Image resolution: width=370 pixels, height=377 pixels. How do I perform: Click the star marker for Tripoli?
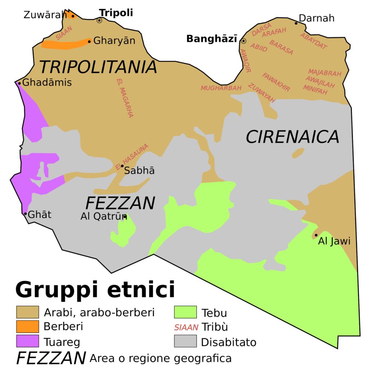[x=99, y=21]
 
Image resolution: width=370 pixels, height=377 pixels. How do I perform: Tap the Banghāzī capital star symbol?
[x=244, y=41]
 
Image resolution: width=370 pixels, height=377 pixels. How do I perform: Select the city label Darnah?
[x=317, y=18]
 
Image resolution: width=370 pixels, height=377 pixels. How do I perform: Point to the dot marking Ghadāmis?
[x=20, y=83]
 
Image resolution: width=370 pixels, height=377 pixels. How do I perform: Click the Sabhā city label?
[x=139, y=171]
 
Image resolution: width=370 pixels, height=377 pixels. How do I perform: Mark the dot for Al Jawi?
[x=316, y=235]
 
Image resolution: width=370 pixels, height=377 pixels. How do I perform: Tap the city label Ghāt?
[x=39, y=215]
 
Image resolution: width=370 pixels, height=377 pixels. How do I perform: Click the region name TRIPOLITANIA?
[x=98, y=67]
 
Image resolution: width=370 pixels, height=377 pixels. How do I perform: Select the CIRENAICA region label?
[x=292, y=137]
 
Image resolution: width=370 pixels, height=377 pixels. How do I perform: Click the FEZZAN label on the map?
[x=120, y=203]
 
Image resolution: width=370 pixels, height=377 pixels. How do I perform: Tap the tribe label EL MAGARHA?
[x=125, y=98]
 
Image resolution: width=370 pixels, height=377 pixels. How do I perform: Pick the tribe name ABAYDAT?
[x=313, y=41]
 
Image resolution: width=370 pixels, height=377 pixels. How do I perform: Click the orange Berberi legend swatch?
[x=27, y=326]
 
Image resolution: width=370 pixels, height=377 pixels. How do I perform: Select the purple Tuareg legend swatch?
[x=27, y=341]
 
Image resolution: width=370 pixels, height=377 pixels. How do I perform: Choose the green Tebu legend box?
[x=185, y=312]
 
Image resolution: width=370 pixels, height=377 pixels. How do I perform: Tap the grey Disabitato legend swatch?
[x=185, y=341]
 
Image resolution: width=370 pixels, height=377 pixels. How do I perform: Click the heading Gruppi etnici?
[x=95, y=290]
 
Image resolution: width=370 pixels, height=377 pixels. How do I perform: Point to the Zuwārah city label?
[x=45, y=15]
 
